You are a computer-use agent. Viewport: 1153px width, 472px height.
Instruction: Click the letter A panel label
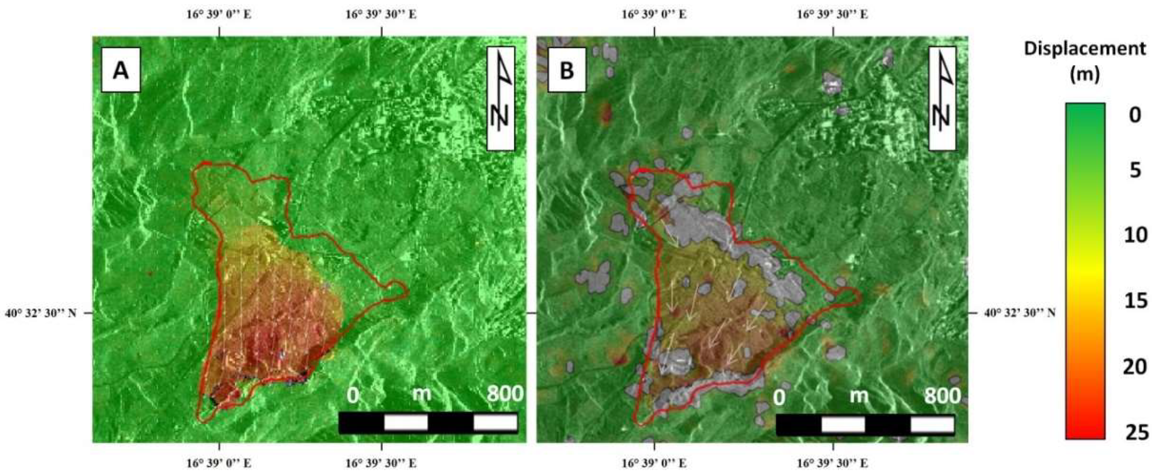[x=121, y=70]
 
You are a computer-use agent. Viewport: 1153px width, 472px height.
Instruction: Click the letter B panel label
[x=567, y=70]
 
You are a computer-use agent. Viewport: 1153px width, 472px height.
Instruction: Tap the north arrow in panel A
[x=501, y=99]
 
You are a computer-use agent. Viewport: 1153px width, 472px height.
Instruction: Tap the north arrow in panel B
[x=942, y=99]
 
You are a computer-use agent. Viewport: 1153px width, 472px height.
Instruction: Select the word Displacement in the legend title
[x=1085, y=49]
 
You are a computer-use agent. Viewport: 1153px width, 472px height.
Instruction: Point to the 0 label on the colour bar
[x=1135, y=116]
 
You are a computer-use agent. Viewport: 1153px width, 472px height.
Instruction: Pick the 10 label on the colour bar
[x=1135, y=235]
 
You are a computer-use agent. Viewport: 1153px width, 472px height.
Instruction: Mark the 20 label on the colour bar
[x=1135, y=367]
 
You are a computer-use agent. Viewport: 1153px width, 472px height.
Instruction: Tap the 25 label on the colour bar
[x=1135, y=433]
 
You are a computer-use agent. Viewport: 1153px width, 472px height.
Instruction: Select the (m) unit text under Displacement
[x=1085, y=75]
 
